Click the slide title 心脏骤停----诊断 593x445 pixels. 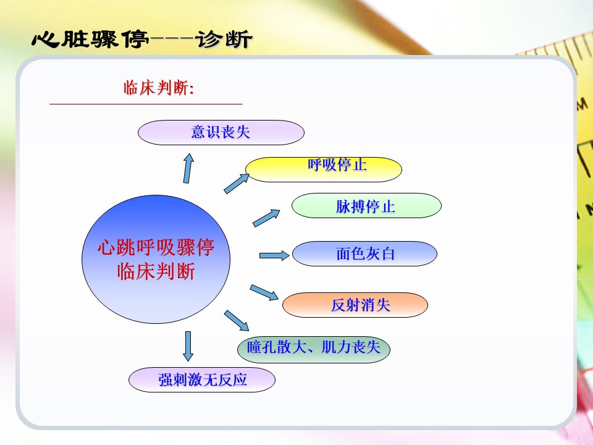click(142, 40)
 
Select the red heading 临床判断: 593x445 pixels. click(159, 88)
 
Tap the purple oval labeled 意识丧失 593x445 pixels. click(221, 132)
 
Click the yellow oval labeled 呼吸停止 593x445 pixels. click(324, 169)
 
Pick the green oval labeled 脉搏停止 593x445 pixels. click(366, 205)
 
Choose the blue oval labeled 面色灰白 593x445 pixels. click(364, 253)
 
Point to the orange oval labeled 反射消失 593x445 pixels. click(355, 305)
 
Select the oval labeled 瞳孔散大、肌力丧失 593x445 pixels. click(314, 349)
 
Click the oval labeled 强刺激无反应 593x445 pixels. click(202, 379)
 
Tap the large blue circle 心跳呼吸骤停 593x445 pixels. click(156, 259)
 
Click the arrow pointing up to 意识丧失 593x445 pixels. click(188, 168)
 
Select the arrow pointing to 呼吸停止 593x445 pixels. click(237, 184)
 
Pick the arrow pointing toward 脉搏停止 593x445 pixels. click(266, 218)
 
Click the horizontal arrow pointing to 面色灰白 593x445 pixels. click(274, 255)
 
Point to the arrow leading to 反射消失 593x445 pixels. click(264, 292)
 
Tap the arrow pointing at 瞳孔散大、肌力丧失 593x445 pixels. click(237, 321)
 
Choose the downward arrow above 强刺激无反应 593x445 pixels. click(188, 346)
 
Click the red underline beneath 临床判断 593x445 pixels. click(146, 103)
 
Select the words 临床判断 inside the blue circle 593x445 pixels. click(156, 271)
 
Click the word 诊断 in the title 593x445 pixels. click(224, 40)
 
